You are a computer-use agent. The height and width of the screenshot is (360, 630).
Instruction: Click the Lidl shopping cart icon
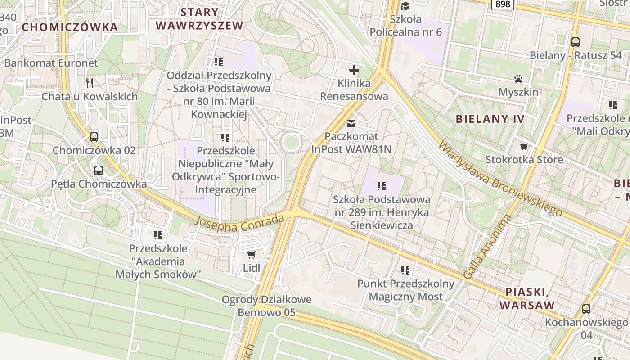pyautogui.click(x=252, y=255)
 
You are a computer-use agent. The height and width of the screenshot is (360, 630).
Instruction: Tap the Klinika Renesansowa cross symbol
pyautogui.click(x=354, y=70)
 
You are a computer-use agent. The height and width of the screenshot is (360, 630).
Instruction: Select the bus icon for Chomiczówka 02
pyautogui.click(x=94, y=137)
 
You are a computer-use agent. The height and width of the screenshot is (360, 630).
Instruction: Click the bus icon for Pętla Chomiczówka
pyautogui.click(x=99, y=171)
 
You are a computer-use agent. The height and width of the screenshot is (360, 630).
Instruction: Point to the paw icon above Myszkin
pyautogui.click(x=518, y=79)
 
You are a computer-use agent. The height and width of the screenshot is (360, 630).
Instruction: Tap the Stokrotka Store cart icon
pyautogui.click(x=524, y=146)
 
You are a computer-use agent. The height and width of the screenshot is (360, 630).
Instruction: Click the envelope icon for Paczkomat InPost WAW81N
pyautogui.click(x=351, y=123)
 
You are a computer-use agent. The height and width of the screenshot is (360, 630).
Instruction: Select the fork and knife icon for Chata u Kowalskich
pyautogui.click(x=90, y=83)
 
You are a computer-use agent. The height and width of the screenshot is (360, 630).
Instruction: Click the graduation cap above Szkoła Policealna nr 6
pyautogui.click(x=405, y=6)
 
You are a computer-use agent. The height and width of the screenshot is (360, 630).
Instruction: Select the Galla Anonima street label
pyautogui.click(x=488, y=246)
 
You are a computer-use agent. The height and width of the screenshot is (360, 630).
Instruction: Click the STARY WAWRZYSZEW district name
pyautogui.click(x=199, y=18)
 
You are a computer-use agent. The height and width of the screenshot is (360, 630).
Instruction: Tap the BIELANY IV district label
pyautogui.click(x=490, y=119)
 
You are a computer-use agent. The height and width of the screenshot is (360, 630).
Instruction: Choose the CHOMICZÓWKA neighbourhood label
pyautogui.click(x=70, y=27)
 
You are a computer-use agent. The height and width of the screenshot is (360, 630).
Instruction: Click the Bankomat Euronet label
pyautogui.click(x=51, y=63)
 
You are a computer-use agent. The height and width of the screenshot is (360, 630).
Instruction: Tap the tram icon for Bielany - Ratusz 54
pyautogui.click(x=575, y=42)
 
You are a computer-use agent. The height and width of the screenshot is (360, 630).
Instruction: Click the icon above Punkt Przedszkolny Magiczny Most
pyautogui.click(x=405, y=270)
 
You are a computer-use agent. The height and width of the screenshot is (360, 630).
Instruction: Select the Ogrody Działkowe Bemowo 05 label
pyautogui.click(x=266, y=306)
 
